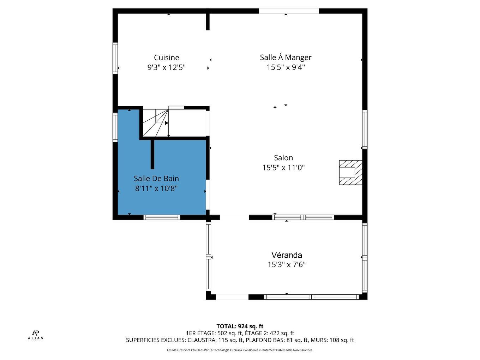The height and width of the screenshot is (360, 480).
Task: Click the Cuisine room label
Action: (x=167, y=58)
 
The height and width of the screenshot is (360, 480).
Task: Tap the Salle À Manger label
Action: (x=286, y=57)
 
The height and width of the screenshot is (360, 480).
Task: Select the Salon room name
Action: (x=283, y=158)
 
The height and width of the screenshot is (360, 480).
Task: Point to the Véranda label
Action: (x=287, y=255)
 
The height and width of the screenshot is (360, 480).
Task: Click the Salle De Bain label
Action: (x=156, y=178)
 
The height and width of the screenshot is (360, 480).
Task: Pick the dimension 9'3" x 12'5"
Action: (x=167, y=67)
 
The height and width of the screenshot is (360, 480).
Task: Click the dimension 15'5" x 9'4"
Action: (x=286, y=67)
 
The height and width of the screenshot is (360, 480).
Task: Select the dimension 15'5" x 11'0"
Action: (x=283, y=168)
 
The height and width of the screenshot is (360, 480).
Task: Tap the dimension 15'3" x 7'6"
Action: (x=287, y=265)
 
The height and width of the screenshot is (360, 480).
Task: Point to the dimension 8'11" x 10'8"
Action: (x=156, y=188)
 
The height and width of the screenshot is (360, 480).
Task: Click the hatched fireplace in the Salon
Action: (x=350, y=173)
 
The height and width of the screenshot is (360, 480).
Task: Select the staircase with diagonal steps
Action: (x=156, y=123)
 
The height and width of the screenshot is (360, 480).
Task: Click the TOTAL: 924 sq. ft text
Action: (x=240, y=326)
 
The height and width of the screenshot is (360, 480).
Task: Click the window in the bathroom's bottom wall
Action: (x=162, y=217)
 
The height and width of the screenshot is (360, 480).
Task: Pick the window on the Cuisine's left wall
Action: (x=115, y=58)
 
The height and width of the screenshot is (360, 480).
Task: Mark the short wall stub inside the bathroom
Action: (x=152, y=154)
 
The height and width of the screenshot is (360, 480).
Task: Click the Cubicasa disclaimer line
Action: (x=240, y=350)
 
